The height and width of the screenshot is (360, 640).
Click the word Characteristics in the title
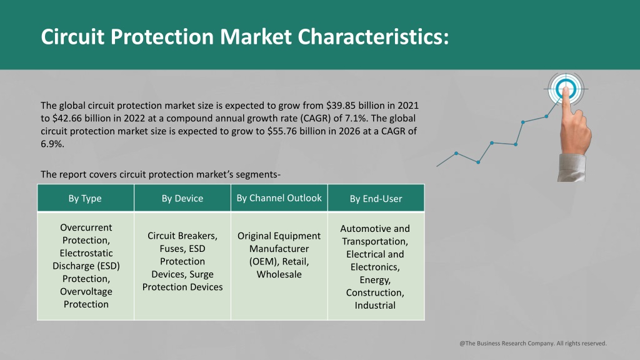(373, 37)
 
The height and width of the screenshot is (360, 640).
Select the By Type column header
(85, 198)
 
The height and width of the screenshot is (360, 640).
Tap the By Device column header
(182, 198)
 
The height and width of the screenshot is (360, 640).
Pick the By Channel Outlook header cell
(279, 198)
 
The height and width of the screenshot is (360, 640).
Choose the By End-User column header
(376, 199)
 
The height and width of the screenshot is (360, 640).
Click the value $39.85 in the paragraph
(341, 106)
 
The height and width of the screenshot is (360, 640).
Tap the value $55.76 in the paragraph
(282, 131)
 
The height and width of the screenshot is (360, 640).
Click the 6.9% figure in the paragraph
(52, 144)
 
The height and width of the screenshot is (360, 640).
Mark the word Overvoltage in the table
(86, 291)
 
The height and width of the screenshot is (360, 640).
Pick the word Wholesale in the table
(279, 274)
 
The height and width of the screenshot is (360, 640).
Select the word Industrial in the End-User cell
(375, 305)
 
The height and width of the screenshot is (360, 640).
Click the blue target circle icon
(566, 89)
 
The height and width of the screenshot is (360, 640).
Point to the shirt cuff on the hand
(571, 167)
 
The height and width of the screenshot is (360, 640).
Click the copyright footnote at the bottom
(533, 343)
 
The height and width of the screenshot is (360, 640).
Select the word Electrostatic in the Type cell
(86, 253)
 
